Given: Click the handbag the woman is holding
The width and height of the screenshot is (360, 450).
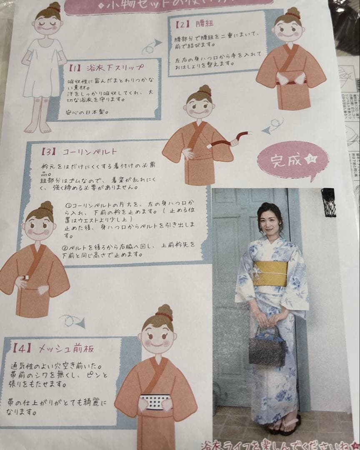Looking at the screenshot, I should point(267,346).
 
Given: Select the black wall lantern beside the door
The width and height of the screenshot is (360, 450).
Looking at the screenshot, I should point(328,202).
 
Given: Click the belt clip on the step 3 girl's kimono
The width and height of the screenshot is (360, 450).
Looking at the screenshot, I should point(27,276).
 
